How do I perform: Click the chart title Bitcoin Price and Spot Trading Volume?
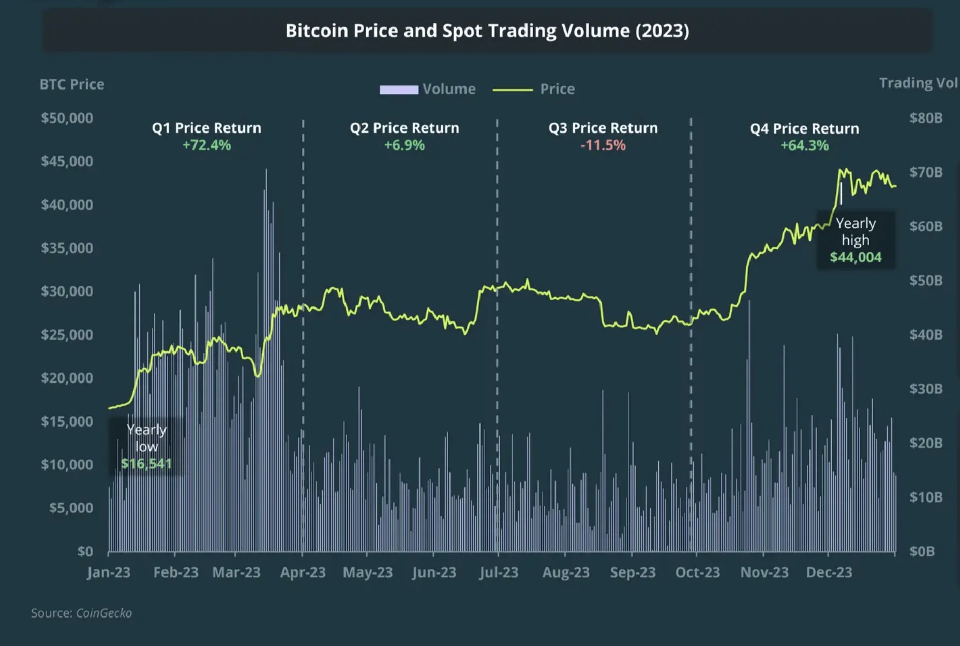(487, 31)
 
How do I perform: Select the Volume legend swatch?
(399, 90)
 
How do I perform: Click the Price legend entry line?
(513, 90)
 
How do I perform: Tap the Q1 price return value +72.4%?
(206, 145)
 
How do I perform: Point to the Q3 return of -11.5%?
(603, 145)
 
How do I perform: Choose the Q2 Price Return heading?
(404, 128)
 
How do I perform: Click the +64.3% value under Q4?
(804, 145)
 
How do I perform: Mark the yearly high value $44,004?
(856, 257)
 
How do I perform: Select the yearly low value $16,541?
(146, 463)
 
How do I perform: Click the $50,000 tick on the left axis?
(67, 118)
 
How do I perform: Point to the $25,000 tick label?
(67, 334)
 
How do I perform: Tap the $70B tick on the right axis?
(926, 172)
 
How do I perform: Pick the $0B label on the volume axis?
(922, 551)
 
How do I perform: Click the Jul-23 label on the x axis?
(499, 572)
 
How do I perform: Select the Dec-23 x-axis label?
(829, 572)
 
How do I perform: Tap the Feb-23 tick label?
(175, 572)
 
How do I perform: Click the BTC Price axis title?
(72, 84)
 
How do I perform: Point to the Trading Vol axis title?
(918, 83)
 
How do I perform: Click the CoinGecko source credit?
(103, 613)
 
